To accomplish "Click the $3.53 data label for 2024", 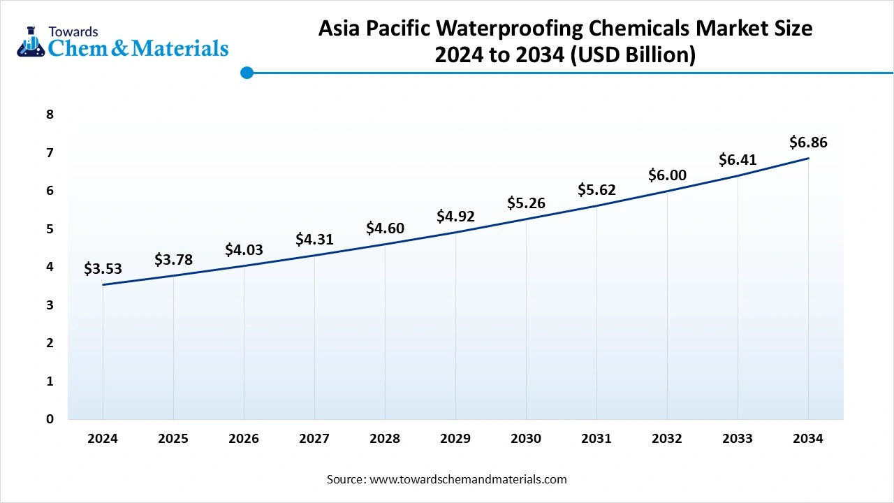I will [x=103, y=268].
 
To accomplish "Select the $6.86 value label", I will [x=808, y=143].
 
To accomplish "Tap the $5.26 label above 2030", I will [x=526, y=203].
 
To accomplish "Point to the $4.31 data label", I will [x=314, y=240].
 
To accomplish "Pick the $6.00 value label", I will [x=667, y=175].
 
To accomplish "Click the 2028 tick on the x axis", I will [x=385, y=439].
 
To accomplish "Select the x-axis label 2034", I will [x=808, y=439].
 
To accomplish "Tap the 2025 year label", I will [x=173, y=439].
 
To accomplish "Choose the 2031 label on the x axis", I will [x=596, y=439].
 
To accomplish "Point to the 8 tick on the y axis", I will [x=50, y=115].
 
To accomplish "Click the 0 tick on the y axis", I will [x=50, y=419].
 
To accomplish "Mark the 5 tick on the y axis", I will [x=50, y=228].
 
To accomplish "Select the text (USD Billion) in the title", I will [x=633, y=54].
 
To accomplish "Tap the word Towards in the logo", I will [x=73, y=32].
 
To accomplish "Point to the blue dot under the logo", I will [x=247, y=73].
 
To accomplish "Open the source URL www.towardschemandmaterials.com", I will [x=467, y=479].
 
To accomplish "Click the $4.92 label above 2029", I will [x=455, y=216].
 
